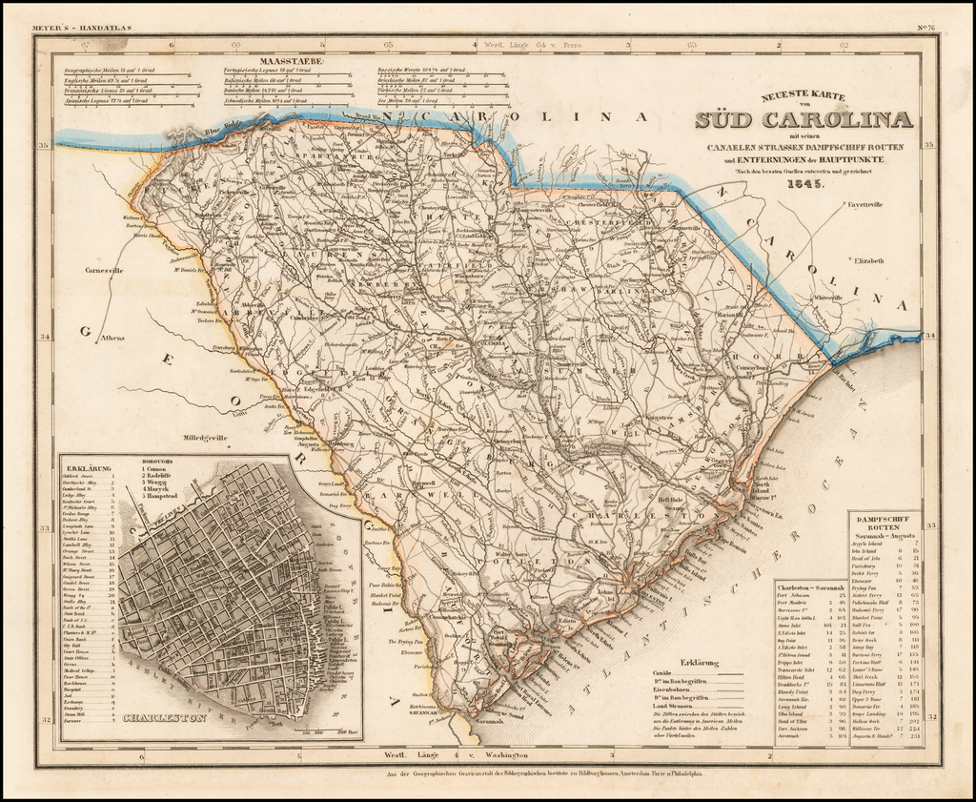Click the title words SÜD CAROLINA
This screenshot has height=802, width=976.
click(803, 120)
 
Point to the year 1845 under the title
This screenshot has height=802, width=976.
click(803, 184)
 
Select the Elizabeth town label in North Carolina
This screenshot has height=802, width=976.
click(870, 260)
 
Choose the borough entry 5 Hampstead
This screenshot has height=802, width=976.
click(164, 496)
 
